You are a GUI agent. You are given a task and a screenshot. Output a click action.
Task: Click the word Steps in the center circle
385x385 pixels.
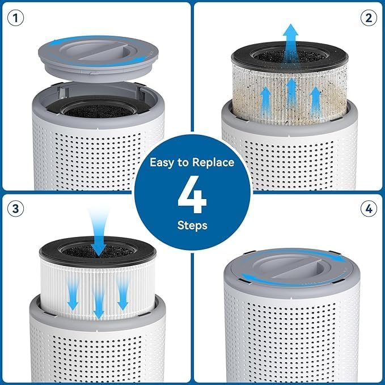pos(192,226)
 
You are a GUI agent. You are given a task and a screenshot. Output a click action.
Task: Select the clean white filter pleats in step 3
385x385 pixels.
pos(57,284)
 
